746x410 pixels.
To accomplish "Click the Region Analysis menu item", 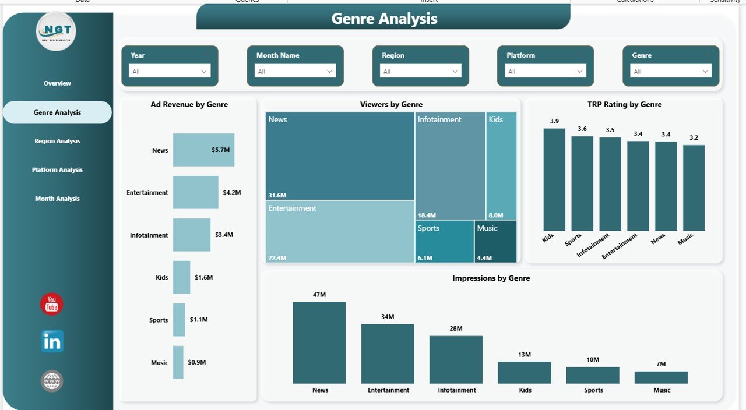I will pos(57,141).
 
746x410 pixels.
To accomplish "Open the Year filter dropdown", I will pos(170,71).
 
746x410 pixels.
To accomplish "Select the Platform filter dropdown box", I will pos(546,71).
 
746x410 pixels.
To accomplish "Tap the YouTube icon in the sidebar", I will pos(52,305).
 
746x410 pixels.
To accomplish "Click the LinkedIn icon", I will pos(52,342).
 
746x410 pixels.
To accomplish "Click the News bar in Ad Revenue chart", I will pos(203,150).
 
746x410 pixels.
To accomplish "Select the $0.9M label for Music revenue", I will pos(197,362).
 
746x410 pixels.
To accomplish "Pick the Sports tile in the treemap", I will pos(445,241).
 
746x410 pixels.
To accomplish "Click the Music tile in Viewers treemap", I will pos(495,241).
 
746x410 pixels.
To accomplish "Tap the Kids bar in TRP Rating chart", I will pos(554,179).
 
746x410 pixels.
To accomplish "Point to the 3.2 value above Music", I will pos(694,138).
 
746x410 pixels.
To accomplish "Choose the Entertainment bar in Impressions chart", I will pos(388,354).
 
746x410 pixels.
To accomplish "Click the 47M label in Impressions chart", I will pos(319,295).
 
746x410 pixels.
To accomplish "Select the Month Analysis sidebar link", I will pos(57,199).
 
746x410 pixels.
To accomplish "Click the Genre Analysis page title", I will pos(384,19).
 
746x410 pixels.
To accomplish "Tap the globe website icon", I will pos(52,381).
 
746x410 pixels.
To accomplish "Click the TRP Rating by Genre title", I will pos(624,105).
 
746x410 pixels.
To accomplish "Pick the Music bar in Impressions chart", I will pos(661,377).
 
